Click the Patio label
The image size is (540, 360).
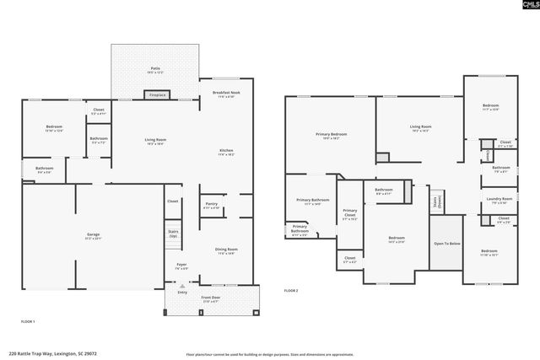pyautogui.click(x=154, y=69)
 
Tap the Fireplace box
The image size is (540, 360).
pyautogui.click(x=157, y=95)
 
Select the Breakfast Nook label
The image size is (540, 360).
pyautogui.click(x=225, y=92)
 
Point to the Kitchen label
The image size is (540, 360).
pyautogui.click(x=225, y=151)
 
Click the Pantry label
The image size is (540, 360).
pyautogui.click(x=212, y=204)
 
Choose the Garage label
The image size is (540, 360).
pyautogui.click(x=93, y=234)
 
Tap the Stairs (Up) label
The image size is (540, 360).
pyautogui.click(x=173, y=233)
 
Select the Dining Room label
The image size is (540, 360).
pyautogui.click(x=226, y=250)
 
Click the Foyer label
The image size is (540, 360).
pyautogui.click(x=181, y=266)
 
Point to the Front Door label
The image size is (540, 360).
pyautogui.click(x=211, y=298)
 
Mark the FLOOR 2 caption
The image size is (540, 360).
pyautogui.click(x=291, y=290)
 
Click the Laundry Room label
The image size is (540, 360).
pyautogui.click(x=500, y=200)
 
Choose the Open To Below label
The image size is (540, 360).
pyautogui.click(x=446, y=243)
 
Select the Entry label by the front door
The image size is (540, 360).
pyautogui.click(x=181, y=293)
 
